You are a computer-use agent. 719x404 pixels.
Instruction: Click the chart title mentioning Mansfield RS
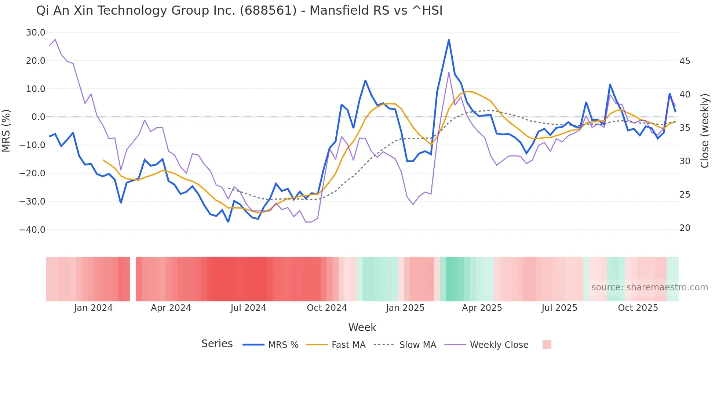click(x=239, y=11)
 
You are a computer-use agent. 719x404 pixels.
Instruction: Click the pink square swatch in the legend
click(x=547, y=345)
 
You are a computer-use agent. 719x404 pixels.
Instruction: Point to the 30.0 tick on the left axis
click(x=36, y=33)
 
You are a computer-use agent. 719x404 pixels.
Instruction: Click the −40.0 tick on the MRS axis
click(x=32, y=230)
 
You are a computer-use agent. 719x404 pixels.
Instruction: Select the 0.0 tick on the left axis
click(x=39, y=117)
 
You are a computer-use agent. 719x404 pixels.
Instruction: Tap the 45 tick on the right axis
click(x=685, y=61)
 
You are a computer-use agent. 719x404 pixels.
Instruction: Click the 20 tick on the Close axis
click(x=685, y=228)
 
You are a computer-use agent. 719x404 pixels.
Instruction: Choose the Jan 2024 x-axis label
click(x=93, y=308)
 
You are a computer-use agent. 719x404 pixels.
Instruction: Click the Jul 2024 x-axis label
click(x=248, y=308)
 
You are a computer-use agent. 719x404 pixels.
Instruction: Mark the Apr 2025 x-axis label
click(x=482, y=308)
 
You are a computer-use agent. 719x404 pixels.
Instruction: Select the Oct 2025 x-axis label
click(x=638, y=308)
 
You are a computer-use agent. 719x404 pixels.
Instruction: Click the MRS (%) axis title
click(x=6, y=131)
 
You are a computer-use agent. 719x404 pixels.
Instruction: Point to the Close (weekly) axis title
click(x=705, y=131)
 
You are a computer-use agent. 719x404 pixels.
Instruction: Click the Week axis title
click(x=362, y=327)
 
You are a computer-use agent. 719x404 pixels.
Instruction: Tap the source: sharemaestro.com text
click(x=649, y=287)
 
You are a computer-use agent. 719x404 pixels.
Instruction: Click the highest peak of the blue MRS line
click(x=449, y=40)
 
